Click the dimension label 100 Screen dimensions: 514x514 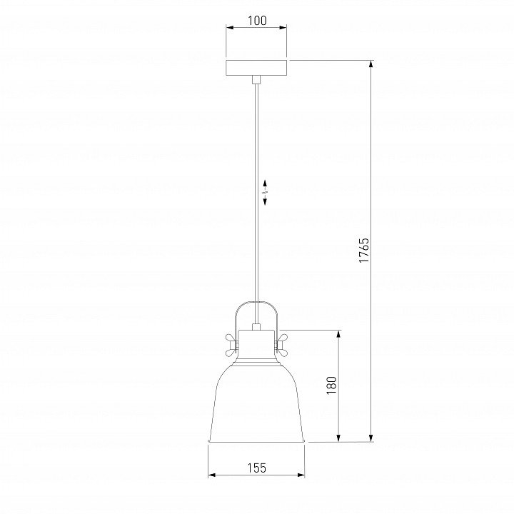(x=257, y=21)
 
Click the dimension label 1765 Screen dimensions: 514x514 (x=364, y=251)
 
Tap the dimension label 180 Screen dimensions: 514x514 (x=332, y=385)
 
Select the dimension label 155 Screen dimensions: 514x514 (x=257, y=468)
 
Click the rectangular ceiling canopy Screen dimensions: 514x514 (x=256, y=68)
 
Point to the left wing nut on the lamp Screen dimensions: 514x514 (x=232, y=346)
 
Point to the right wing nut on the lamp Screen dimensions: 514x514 (x=281, y=346)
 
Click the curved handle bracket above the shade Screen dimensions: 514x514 (x=256, y=302)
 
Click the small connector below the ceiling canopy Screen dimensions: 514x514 (x=256, y=79)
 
